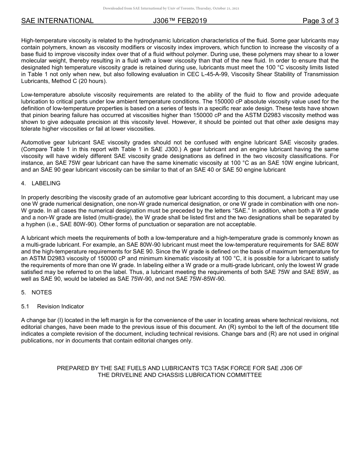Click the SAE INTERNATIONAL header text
[57, 21]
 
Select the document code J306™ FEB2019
[180, 21]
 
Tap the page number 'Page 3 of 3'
[320, 21]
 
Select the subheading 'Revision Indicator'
[60, 306]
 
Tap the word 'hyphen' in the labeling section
[35, 224]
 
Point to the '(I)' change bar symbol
[60, 320]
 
